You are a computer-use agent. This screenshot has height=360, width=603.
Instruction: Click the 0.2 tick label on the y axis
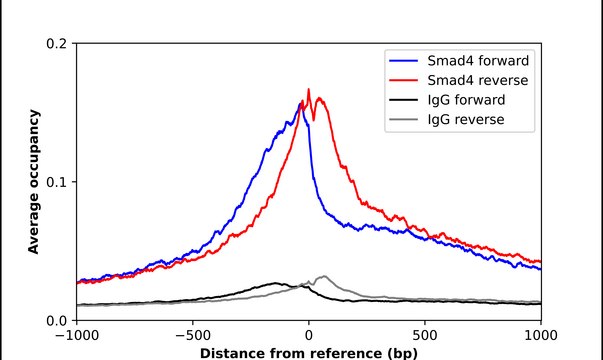click(56, 44)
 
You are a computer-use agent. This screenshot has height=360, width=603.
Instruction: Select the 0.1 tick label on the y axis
click(56, 182)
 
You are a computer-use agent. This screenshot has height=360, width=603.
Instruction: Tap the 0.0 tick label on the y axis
click(56, 320)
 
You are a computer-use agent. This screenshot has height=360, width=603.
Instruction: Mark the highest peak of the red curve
click(308, 90)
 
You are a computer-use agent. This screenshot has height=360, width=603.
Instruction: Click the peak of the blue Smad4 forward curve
click(301, 102)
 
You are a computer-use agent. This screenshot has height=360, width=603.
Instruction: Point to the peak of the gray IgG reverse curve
click(322, 276)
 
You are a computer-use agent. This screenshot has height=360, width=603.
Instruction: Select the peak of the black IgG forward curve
click(274, 283)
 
